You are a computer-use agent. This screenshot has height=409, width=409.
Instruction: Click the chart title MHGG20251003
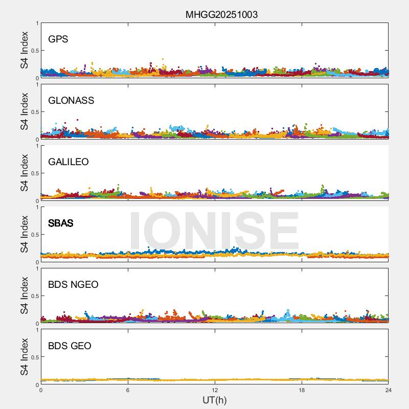[x=221, y=14]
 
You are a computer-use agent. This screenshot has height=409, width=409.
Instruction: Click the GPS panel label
[x=58, y=39]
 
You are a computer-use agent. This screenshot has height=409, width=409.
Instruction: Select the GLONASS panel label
[x=71, y=100]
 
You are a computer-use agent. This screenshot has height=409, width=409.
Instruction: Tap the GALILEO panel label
[x=69, y=162]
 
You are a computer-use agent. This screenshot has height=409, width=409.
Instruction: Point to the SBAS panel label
[x=60, y=223]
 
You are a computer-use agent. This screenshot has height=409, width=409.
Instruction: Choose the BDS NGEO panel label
[x=73, y=284]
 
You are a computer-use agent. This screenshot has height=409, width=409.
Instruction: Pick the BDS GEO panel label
[x=70, y=346]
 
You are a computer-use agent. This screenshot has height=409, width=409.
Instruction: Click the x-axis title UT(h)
[x=215, y=400]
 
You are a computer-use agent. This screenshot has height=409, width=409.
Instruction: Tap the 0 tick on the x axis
[x=41, y=390]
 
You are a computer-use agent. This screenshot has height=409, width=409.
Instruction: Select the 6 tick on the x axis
[x=128, y=390]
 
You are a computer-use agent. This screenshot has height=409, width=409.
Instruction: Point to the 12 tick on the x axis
[x=215, y=390]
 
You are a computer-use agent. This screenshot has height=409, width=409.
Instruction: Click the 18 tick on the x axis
[x=302, y=390]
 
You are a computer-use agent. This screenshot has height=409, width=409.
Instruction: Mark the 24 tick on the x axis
[x=388, y=390]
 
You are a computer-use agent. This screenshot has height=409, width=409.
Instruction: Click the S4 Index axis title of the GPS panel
[x=25, y=50]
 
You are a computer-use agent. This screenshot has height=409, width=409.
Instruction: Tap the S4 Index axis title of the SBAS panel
[x=25, y=234]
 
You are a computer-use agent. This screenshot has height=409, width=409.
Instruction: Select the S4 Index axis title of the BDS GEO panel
[x=25, y=357]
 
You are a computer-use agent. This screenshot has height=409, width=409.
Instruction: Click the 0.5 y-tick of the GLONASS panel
[x=33, y=112]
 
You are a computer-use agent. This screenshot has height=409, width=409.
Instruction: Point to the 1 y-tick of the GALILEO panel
[x=37, y=146]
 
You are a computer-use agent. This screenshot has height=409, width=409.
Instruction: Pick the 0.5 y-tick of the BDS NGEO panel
[x=33, y=296]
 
